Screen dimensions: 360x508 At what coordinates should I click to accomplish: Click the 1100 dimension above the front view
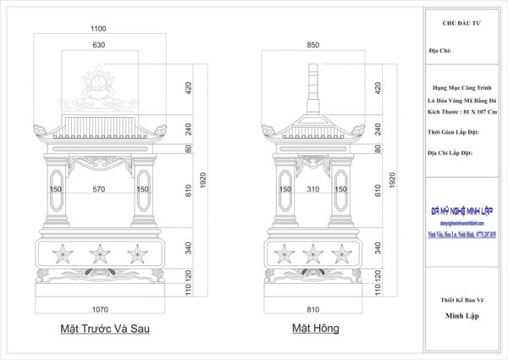coord(99,29)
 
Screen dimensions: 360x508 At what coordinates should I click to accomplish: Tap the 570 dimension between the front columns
coord(99,190)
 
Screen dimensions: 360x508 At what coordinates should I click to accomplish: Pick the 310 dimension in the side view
coord(313,190)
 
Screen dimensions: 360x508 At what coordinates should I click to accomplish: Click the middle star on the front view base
coord(99,253)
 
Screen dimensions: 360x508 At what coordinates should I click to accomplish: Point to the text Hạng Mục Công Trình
coord(464,88)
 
